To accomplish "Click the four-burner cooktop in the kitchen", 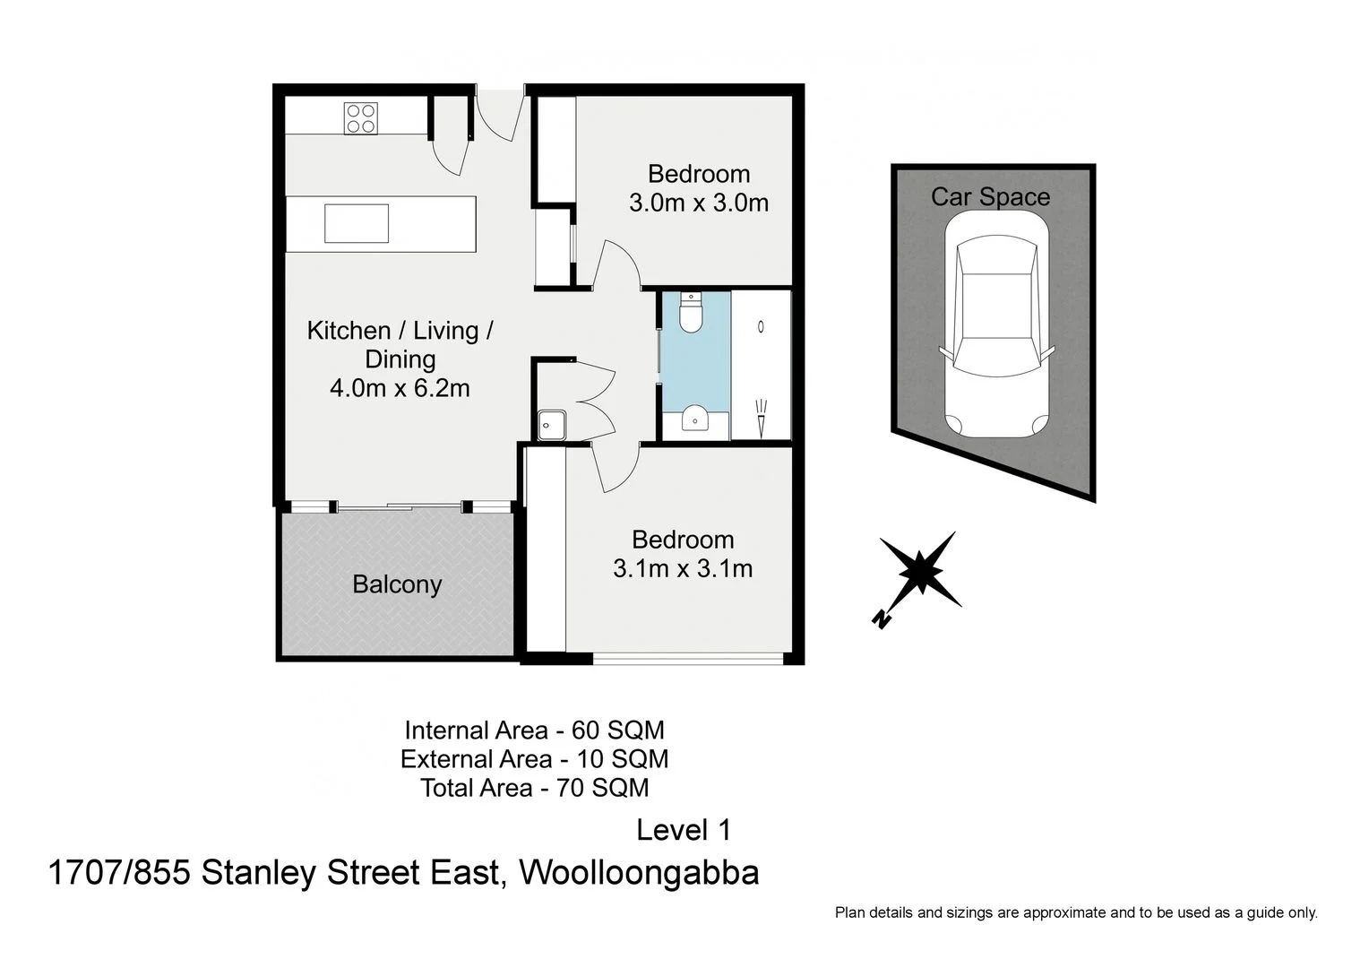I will [x=361, y=118].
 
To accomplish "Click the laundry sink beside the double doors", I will [x=551, y=425].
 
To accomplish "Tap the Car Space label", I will [x=990, y=197].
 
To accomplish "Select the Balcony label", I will [x=397, y=584].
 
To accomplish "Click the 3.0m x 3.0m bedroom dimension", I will [x=699, y=203].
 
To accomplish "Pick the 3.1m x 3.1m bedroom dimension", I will [x=683, y=568].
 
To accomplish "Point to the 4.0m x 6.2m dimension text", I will [x=400, y=388].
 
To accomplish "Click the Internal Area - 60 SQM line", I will [x=534, y=730].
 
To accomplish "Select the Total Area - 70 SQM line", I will [x=535, y=788].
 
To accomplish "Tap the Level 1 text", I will [x=684, y=830].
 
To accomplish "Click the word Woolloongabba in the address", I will [x=639, y=872].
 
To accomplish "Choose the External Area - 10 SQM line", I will [x=534, y=759].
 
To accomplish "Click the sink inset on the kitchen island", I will [x=357, y=223].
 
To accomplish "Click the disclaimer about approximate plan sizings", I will [x=1076, y=912].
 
